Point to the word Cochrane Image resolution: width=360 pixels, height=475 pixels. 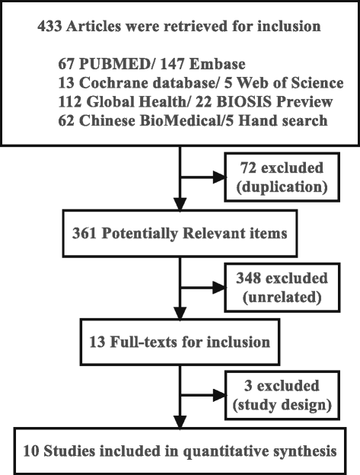coord(106,82)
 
